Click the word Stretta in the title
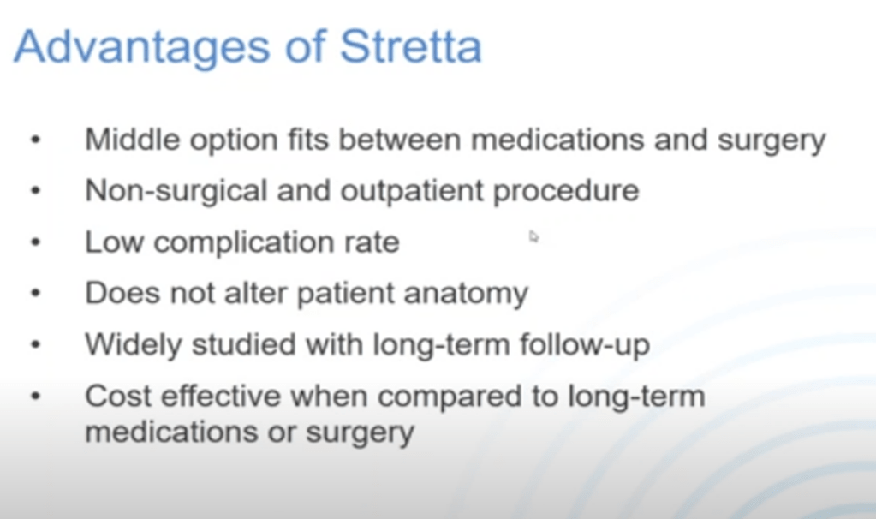[x=411, y=46]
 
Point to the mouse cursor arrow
[x=533, y=236]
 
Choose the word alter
[x=256, y=293]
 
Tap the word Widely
[x=133, y=344]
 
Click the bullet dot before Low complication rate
[x=36, y=242]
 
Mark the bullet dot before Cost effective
[x=36, y=396]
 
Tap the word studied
[x=243, y=344]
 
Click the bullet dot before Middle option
[x=36, y=140]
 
